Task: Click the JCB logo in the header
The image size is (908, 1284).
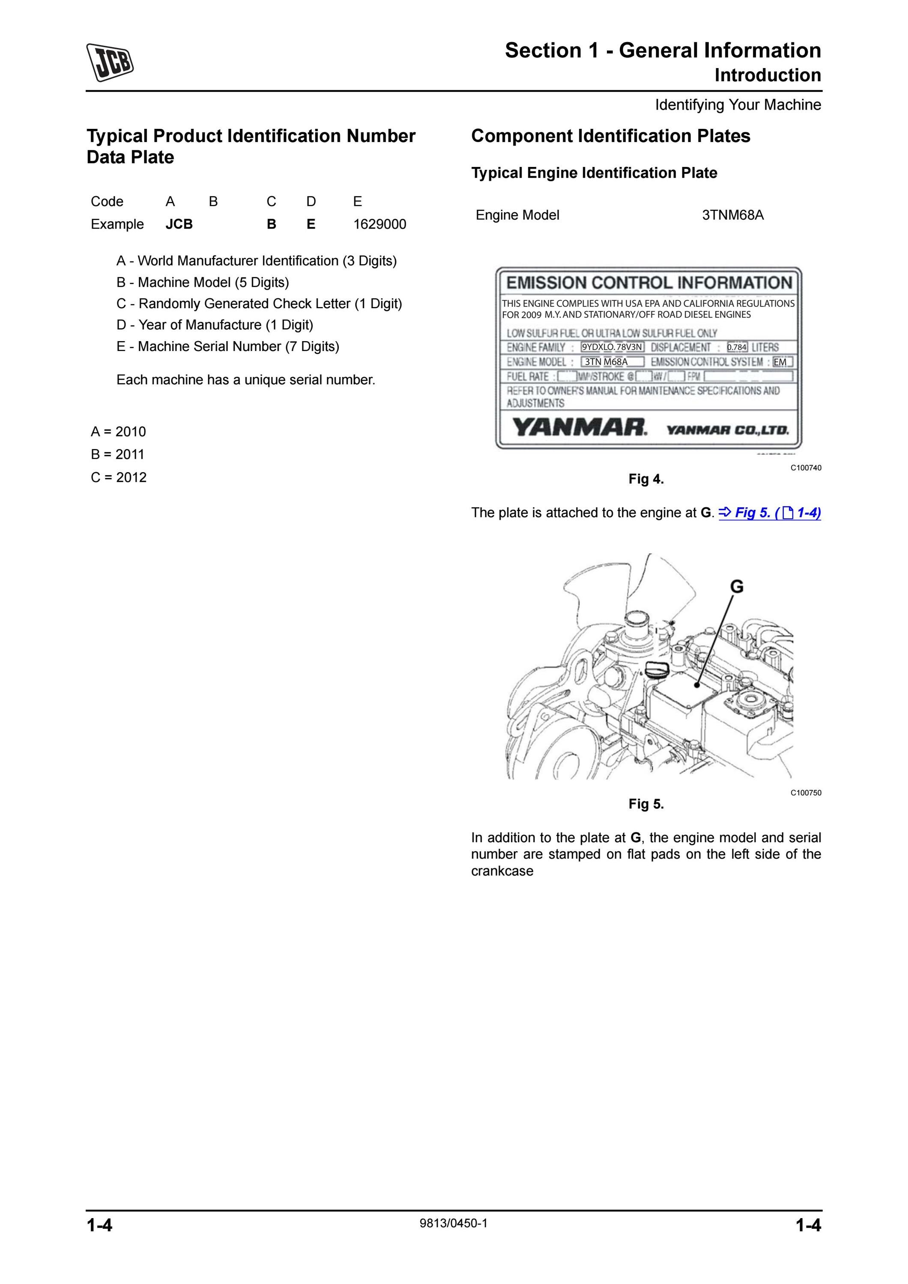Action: (110, 62)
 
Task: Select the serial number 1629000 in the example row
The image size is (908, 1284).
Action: (379, 224)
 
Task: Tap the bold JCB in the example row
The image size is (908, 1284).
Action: (179, 224)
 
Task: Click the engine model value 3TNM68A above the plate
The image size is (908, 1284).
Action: (732, 215)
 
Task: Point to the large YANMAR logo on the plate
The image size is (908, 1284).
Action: (579, 428)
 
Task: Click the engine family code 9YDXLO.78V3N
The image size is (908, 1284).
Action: (612, 347)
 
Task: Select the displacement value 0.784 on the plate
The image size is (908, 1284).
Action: (737, 347)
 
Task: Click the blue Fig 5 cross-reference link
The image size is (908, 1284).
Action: (770, 513)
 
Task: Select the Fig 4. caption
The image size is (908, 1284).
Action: (646, 479)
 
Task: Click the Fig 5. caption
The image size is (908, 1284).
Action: (646, 804)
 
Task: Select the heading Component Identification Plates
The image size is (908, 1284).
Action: (611, 136)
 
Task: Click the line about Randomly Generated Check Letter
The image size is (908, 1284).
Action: (259, 303)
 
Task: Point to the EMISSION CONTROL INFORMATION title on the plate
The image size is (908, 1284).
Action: (649, 283)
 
